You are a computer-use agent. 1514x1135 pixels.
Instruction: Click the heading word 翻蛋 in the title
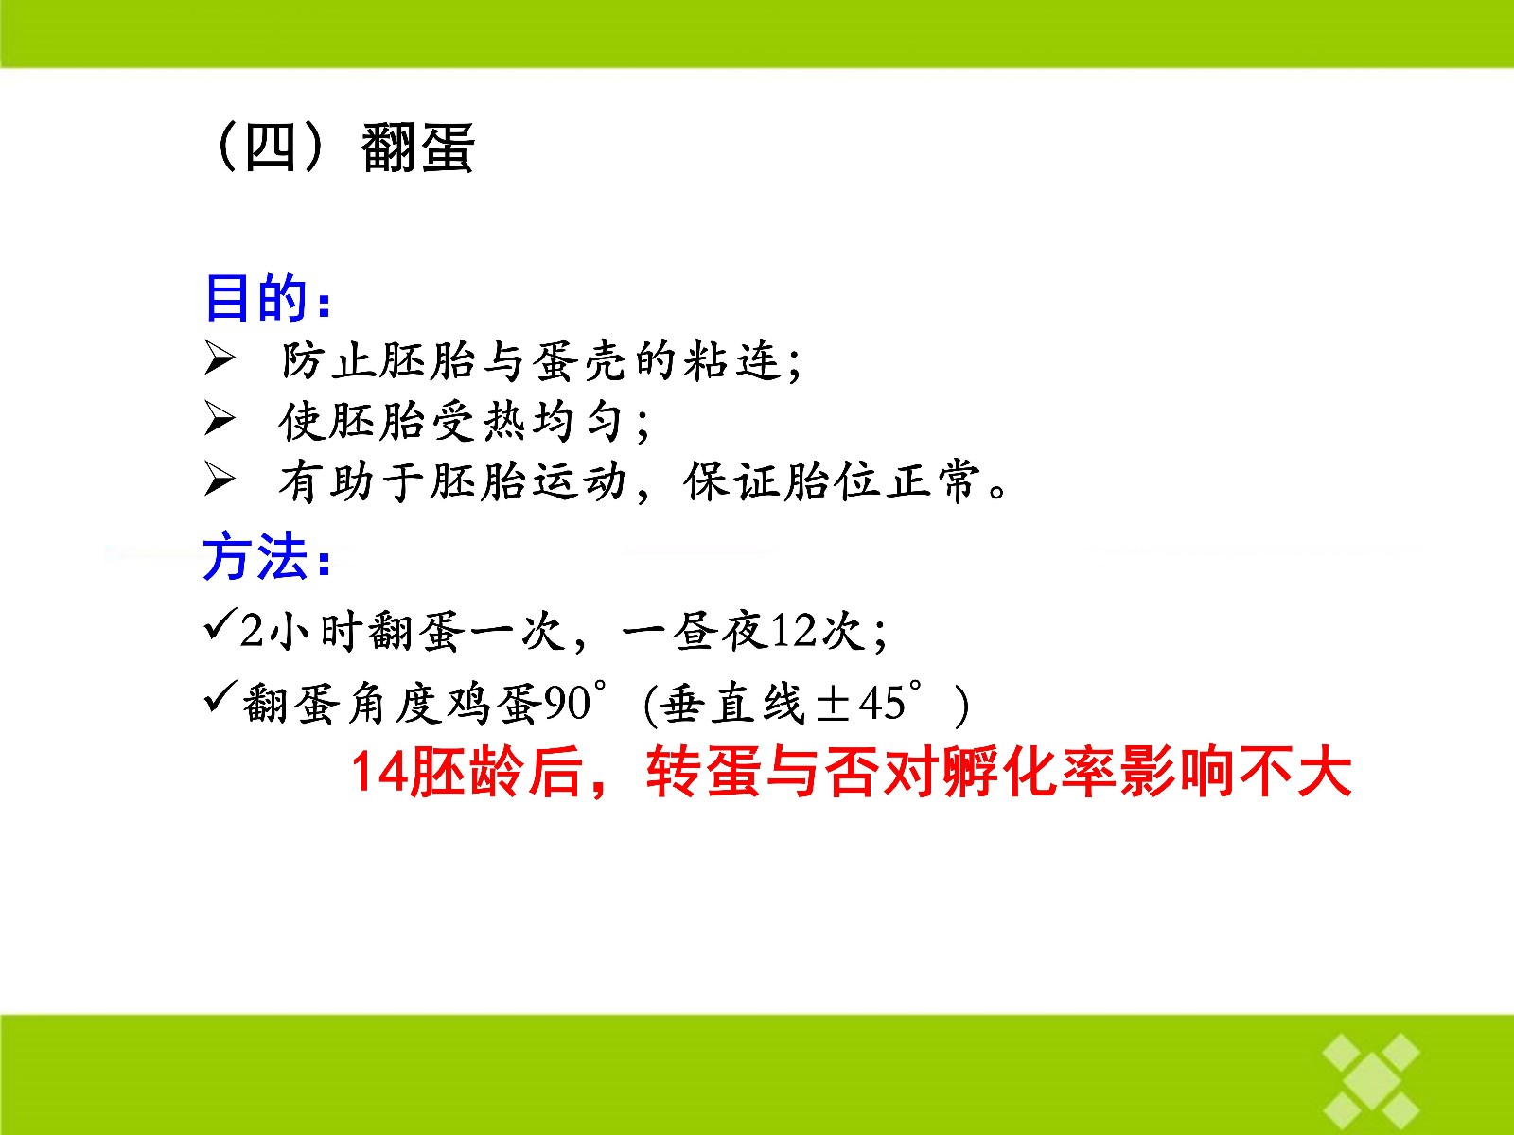pos(418,148)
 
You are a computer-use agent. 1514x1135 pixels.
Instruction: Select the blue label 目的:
pos(268,298)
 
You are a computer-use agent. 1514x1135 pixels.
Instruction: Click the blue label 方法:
pos(267,556)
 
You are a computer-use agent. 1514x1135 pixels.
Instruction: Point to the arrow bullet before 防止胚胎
pos(220,359)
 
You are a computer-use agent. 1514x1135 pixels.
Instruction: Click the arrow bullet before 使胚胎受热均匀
pos(220,419)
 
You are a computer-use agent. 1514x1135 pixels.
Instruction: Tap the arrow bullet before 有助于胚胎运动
pos(220,480)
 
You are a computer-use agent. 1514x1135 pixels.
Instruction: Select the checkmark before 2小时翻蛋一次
pos(220,624)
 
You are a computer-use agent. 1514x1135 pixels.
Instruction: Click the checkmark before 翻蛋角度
pos(220,697)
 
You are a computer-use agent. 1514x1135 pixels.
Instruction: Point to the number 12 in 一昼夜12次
pos(793,631)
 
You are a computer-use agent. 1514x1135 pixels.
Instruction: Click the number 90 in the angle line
pos(568,704)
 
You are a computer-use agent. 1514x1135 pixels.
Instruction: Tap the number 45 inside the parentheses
pos(882,704)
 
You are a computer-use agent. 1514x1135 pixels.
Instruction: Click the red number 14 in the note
pos(378,773)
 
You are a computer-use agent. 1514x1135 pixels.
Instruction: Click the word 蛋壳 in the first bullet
pos(579,361)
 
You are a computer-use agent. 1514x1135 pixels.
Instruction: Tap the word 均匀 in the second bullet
pos(579,421)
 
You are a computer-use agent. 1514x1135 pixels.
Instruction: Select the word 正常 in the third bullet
pos(933,480)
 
